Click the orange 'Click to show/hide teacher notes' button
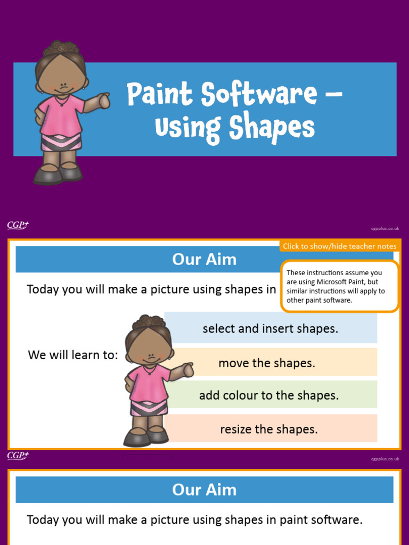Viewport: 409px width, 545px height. coord(339,246)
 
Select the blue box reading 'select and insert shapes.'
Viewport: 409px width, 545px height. coord(271,329)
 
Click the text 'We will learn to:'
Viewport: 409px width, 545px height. coord(73,355)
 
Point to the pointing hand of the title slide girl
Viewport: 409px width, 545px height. coord(104,100)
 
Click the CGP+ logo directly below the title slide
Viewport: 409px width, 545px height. coord(18,225)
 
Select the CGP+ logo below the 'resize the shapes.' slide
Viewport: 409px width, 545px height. coord(18,456)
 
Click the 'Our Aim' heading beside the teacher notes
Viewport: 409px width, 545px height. coord(204,260)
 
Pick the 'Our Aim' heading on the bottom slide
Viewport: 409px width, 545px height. coord(204,490)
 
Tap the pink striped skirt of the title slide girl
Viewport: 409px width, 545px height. coord(61,142)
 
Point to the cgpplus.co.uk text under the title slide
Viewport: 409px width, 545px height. coord(385,228)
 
